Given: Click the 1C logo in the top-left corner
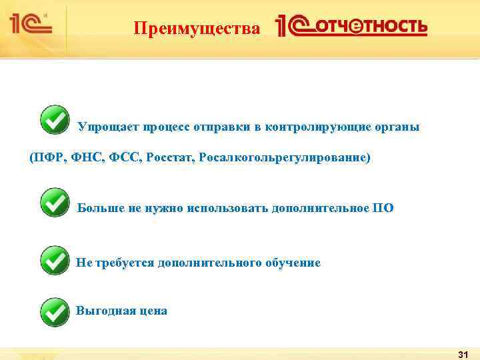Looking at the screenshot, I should tap(30, 25).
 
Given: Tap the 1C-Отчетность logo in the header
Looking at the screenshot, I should tap(351, 27).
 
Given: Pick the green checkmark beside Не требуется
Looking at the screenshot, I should tap(55, 260).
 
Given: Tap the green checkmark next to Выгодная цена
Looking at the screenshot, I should tap(55, 311).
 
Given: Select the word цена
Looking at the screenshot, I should tap(153, 311).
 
